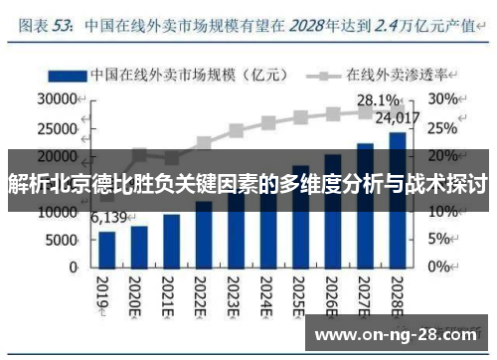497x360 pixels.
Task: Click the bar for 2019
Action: coord(107,249)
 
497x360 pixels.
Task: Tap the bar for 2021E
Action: coord(172,241)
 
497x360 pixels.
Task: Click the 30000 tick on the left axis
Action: coord(57,99)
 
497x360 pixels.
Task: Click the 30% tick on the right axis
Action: coord(443,99)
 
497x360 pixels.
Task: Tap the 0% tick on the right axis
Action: coord(439,269)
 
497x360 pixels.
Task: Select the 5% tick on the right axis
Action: coord(439,241)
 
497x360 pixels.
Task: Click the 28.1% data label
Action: coord(380,100)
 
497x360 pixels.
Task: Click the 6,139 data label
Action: coord(110,217)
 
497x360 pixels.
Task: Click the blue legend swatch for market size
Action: coord(67,74)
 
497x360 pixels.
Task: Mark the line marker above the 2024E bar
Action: coord(267,123)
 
